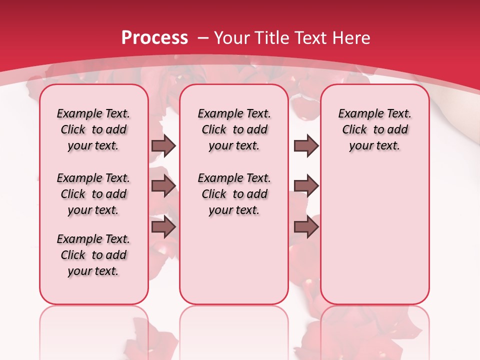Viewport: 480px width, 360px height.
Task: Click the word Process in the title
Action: [x=154, y=38]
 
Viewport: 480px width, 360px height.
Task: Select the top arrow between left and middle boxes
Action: [x=163, y=145]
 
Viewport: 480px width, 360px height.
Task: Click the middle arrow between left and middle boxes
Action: [x=163, y=186]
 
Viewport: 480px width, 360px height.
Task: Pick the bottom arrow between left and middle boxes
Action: [x=163, y=227]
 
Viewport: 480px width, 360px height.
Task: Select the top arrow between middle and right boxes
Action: [x=306, y=145]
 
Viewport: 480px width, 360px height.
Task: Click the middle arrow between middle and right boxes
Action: [x=306, y=186]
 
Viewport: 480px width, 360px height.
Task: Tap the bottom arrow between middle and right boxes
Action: [x=306, y=227]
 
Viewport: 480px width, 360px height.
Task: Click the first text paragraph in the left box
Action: [x=93, y=129]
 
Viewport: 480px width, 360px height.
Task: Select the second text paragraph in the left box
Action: [x=93, y=194]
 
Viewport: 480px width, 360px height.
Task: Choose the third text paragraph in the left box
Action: [x=93, y=255]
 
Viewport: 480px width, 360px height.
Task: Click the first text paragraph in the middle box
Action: [x=234, y=129]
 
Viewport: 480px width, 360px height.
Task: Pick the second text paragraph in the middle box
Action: [x=234, y=194]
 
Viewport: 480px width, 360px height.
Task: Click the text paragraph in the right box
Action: [x=374, y=129]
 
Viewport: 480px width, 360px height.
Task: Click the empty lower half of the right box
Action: [x=374, y=240]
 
